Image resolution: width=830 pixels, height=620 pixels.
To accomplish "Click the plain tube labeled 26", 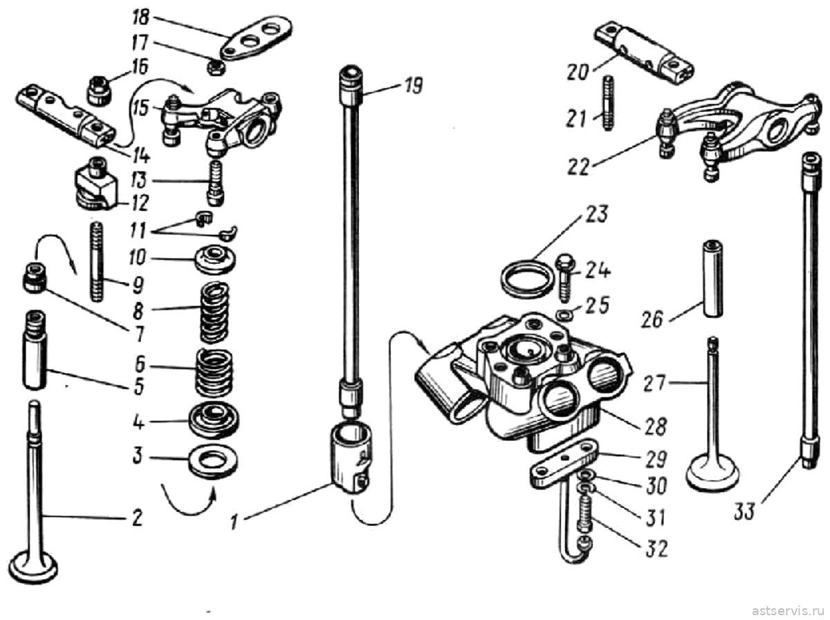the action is [712, 279].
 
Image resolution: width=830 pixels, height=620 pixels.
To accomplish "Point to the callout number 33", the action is [744, 511].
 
